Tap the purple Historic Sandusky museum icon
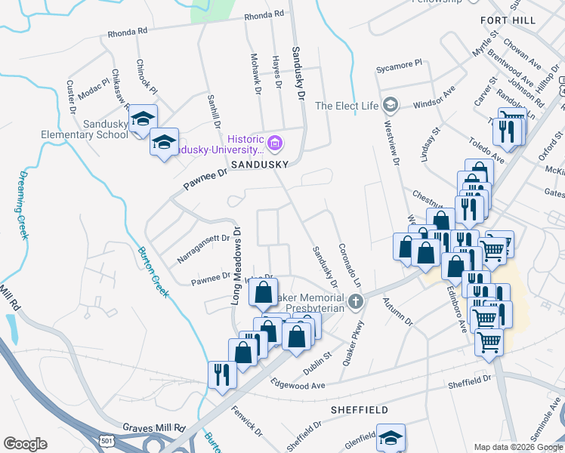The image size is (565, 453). point(275,142)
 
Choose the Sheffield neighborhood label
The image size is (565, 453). point(360,410)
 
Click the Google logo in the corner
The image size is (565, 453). point(25,444)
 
